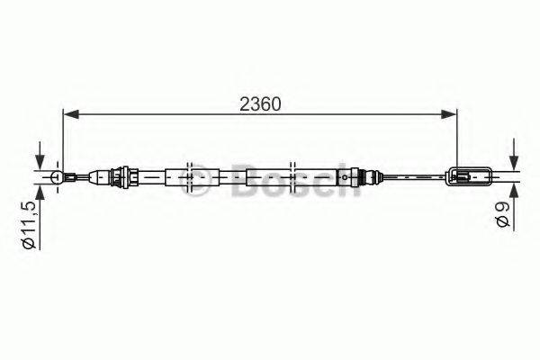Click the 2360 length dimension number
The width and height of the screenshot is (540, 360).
tap(259, 103)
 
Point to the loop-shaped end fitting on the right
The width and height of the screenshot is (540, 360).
tap(469, 176)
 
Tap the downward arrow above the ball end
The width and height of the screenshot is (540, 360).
tap(40, 162)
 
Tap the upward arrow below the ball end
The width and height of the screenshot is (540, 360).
tap(40, 192)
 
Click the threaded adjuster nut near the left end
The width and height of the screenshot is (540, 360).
tap(123, 176)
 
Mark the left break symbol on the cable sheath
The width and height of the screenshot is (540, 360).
tap(191, 176)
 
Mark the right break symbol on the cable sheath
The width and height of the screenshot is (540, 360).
tap(293, 176)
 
